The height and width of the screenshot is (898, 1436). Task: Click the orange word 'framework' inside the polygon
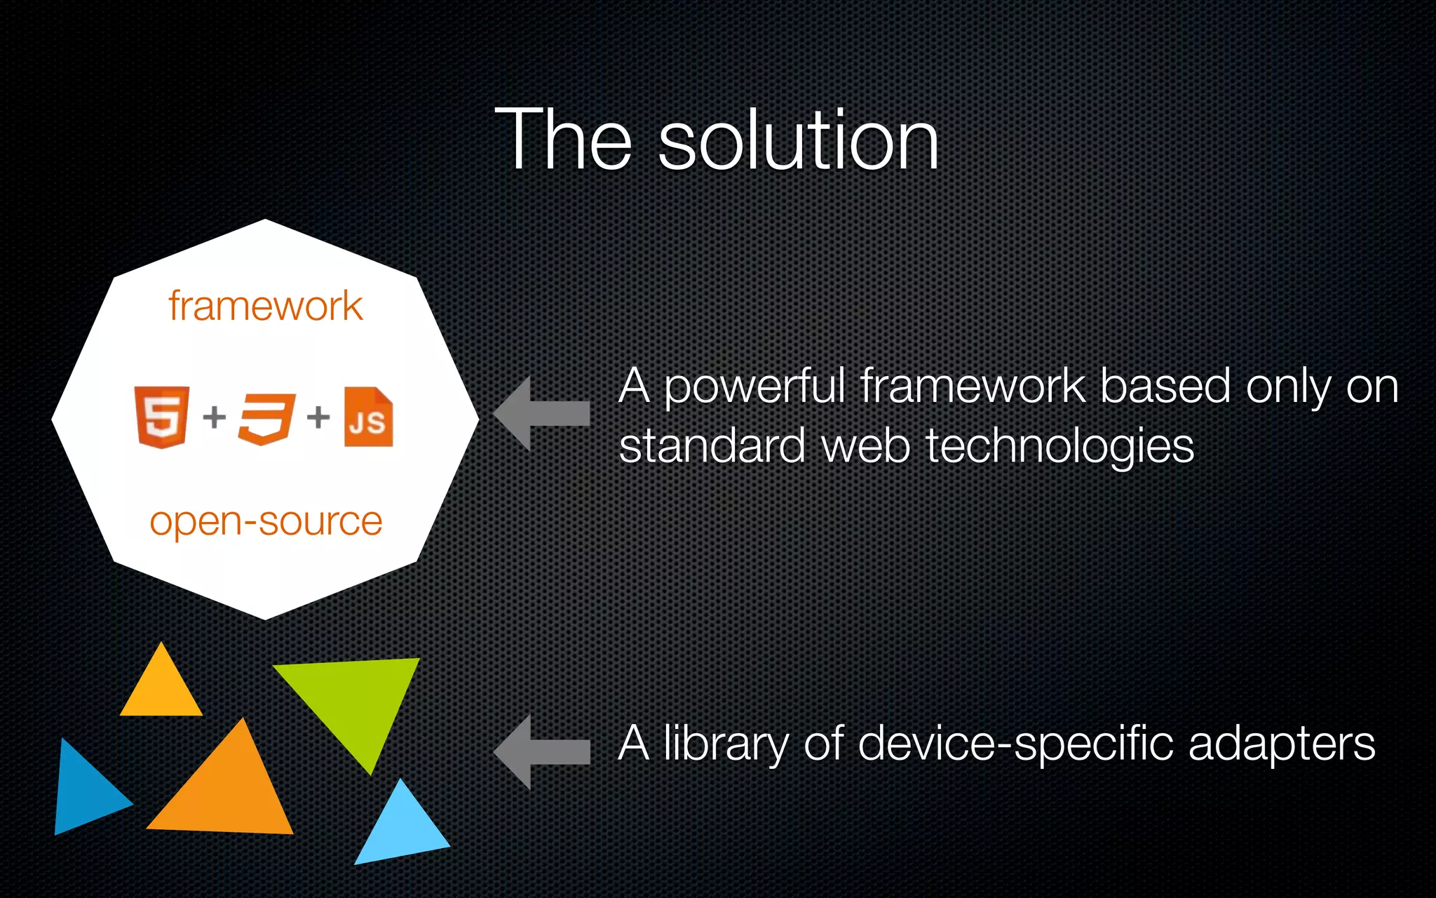point(265,307)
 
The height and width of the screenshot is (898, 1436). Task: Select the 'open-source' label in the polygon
point(266,522)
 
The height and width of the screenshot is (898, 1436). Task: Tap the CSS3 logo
point(266,418)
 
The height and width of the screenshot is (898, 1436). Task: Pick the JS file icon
point(368,417)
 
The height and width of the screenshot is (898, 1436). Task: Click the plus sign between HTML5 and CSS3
point(215,417)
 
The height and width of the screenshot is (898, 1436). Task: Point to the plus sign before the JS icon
point(318,417)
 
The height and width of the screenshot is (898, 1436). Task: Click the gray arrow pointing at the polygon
point(541,413)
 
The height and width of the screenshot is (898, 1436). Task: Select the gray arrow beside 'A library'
point(541,752)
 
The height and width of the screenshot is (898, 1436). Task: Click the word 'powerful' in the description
point(754,387)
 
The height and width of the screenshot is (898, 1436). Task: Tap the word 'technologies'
point(1059,447)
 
